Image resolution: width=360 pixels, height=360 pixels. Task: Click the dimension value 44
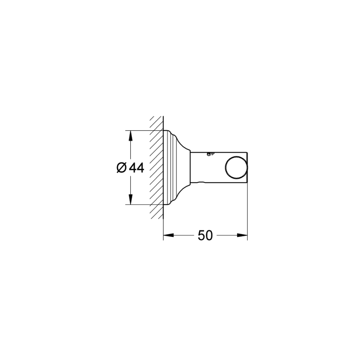136,168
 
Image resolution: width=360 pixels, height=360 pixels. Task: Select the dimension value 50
205,236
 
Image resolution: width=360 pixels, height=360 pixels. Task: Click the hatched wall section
156,168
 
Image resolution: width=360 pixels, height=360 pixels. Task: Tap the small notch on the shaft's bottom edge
202,182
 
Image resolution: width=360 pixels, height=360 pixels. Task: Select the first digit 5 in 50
201,236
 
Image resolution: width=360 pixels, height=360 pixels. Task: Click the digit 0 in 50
209,236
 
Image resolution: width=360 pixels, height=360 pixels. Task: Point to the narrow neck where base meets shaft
191,168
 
